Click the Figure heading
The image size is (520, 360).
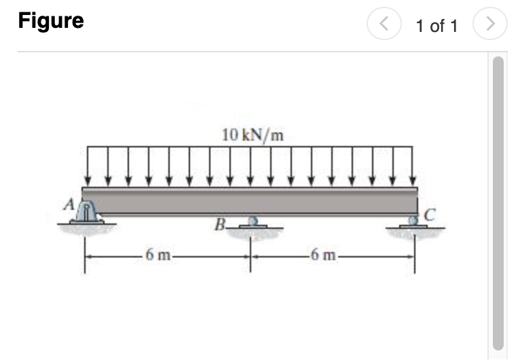click(51, 21)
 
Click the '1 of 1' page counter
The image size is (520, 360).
click(437, 26)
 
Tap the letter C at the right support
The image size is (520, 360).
click(429, 216)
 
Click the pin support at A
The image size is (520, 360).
click(88, 213)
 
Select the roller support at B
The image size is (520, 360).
click(253, 222)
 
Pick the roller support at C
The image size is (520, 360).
click(414, 221)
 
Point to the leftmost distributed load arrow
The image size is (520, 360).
click(88, 166)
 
